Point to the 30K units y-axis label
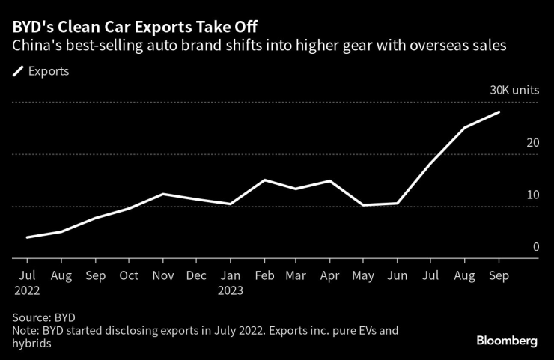click(514, 90)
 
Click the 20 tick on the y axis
click(532, 142)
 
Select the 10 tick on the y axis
click(532, 195)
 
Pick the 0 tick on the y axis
click(535, 247)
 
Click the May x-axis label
click(363, 275)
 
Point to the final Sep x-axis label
click(499, 275)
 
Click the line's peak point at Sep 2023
click(499, 112)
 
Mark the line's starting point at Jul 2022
click(27, 237)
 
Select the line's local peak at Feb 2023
click(264, 180)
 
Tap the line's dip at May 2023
click(363, 205)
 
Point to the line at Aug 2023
click(465, 127)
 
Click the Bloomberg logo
click(507, 341)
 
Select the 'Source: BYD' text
click(43, 317)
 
